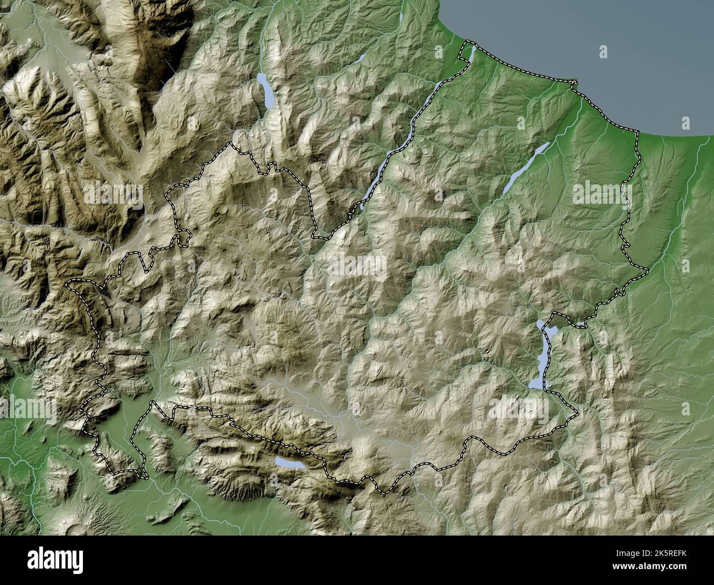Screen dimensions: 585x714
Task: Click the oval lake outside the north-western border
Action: tap(266, 91)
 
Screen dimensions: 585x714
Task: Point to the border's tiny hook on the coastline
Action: tap(574, 85)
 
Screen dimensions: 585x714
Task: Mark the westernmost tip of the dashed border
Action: tap(68, 285)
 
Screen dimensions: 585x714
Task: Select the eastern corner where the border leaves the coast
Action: tap(638, 132)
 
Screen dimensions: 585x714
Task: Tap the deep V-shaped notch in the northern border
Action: tap(315, 236)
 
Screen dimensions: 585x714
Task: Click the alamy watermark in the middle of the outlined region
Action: tap(357, 266)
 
